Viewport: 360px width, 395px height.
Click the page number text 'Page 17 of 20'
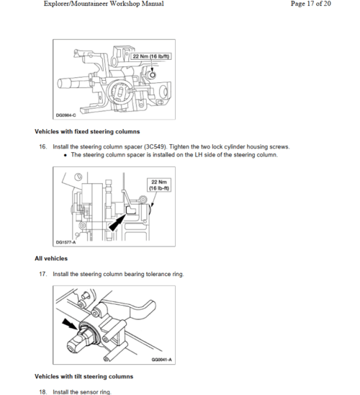click(x=310, y=4)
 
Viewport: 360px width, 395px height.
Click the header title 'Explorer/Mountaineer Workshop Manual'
click(x=104, y=4)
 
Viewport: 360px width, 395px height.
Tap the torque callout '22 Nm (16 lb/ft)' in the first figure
click(x=151, y=56)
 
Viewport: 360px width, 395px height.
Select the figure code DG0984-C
click(x=66, y=115)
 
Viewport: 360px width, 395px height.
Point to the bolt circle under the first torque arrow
click(x=153, y=75)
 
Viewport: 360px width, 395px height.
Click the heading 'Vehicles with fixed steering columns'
click(x=87, y=131)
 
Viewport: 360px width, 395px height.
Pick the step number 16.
click(x=43, y=146)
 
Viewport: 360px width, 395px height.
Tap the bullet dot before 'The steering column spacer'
click(x=66, y=155)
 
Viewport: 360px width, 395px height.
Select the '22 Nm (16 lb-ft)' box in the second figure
click(x=159, y=185)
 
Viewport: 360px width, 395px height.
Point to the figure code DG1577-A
click(x=66, y=242)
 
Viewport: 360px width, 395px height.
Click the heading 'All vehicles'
click(x=51, y=259)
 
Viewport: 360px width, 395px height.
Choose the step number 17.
click(x=43, y=274)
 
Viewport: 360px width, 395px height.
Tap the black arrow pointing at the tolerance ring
click(x=70, y=324)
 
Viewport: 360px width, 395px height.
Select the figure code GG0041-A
click(x=161, y=360)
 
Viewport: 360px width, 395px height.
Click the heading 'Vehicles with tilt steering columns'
click(x=84, y=376)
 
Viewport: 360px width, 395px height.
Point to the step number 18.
click(x=43, y=392)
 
